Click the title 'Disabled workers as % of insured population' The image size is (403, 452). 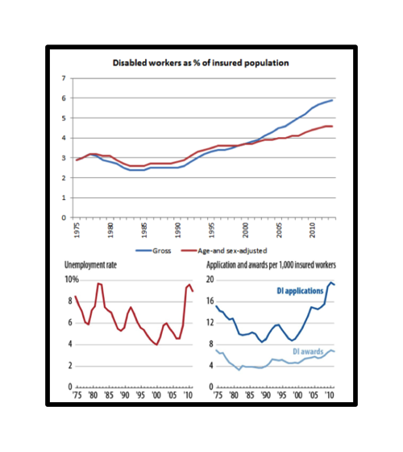click(x=201, y=63)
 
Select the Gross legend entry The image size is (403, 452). click(x=153, y=251)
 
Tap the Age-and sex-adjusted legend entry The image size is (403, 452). click(x=224, y=251)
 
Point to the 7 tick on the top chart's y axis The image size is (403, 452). click(x=64, y=78)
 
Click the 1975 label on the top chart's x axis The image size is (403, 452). click(x=77, y=230)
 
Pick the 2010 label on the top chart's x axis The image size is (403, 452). click(x=312, y=230)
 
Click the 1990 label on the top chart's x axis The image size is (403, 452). click(x=178, y=230)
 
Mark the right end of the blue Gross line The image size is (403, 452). click(x=332, y=101)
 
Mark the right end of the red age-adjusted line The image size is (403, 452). click(x=332, y=126)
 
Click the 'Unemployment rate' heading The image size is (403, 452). click(x=90, y=265)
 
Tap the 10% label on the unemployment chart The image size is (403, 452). click(x=72, y=280)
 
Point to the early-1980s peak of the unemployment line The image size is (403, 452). click(x=98, y=284)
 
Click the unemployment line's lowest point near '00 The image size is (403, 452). click(x=157, y=345)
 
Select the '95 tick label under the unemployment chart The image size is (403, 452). click(x=140, y=395)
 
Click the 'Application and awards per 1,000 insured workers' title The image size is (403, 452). click(x=271, y=265)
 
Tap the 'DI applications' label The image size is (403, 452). click(x=300, y=291)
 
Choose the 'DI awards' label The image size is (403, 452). click(x=308, y=351)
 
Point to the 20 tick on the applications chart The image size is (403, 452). click(x=210, y=280)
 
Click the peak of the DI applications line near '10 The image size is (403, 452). click(x=331, y=283)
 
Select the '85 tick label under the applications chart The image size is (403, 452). click(x=250, y=395)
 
